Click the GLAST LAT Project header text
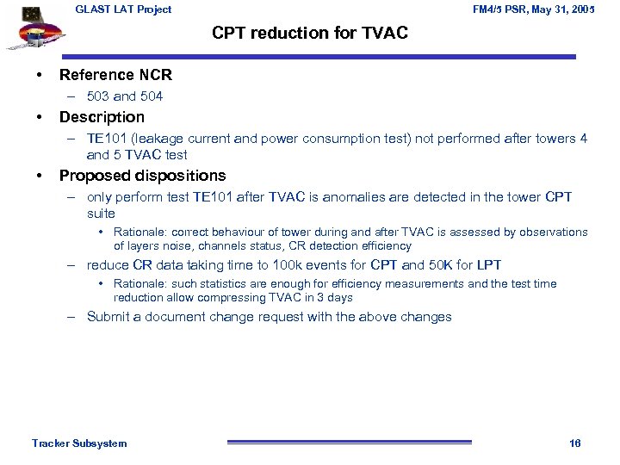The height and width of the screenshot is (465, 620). tap(123, 9)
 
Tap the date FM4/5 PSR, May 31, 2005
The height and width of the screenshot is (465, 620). tap(534, 9)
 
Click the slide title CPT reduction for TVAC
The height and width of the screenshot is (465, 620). tap(310, 34)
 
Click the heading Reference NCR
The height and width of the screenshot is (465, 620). tap(115, 75)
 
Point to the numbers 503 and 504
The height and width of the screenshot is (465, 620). tap(125, 96)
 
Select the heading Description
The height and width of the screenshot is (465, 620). tap(102, 117)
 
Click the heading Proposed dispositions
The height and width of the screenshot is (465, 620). tap(142, 176)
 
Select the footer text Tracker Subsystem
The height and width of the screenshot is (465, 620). tap(79, 443)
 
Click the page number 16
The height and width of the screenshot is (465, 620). tap(574, 443)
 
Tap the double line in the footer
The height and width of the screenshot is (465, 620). tap(350, 443)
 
